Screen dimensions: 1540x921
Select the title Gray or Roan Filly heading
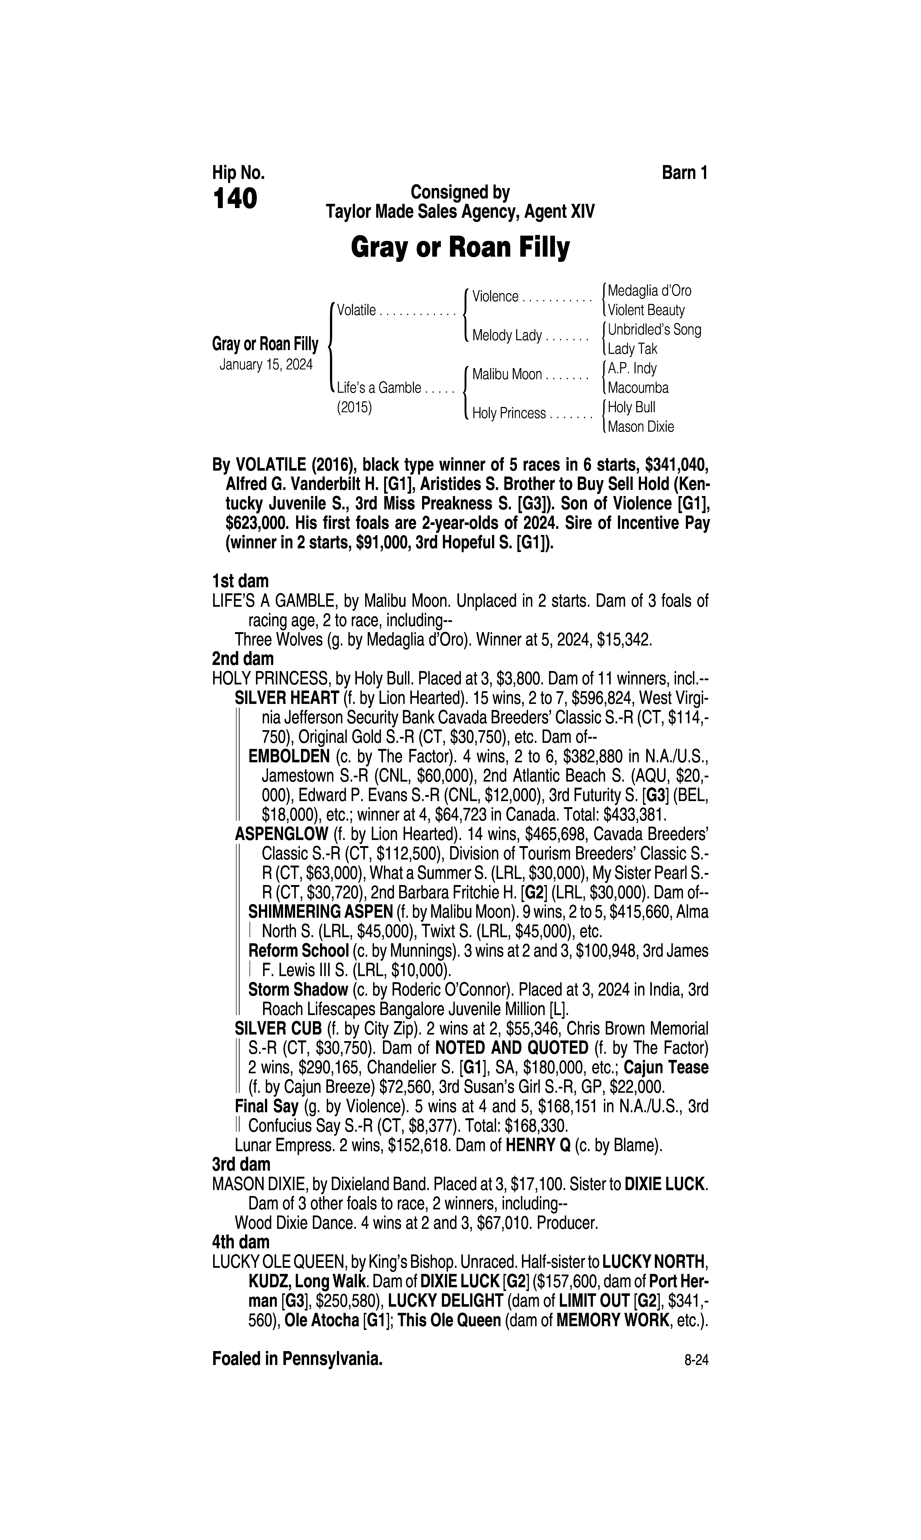coord(460,248)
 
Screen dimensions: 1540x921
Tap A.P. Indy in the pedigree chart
coord(632,369)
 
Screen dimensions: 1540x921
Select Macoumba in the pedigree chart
coord(638,388)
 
